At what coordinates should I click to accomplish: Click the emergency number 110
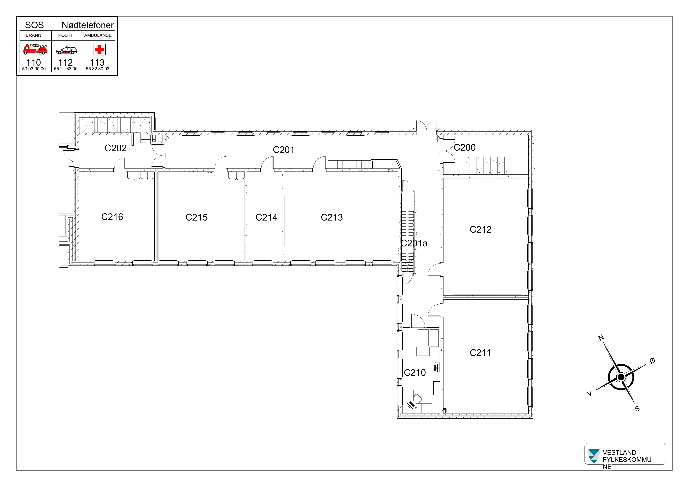click(34, 62)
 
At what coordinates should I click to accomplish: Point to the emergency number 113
click(97, 62)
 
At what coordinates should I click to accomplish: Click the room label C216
click(112, 217)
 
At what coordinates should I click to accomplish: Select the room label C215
click(196, 217)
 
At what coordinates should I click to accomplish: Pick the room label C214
click(266, 217)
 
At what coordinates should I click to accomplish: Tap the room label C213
click(332, 217)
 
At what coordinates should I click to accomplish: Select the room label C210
click(415, 373)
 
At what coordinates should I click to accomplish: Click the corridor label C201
click(283, 150)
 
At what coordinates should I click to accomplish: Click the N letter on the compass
click(601, 338)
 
